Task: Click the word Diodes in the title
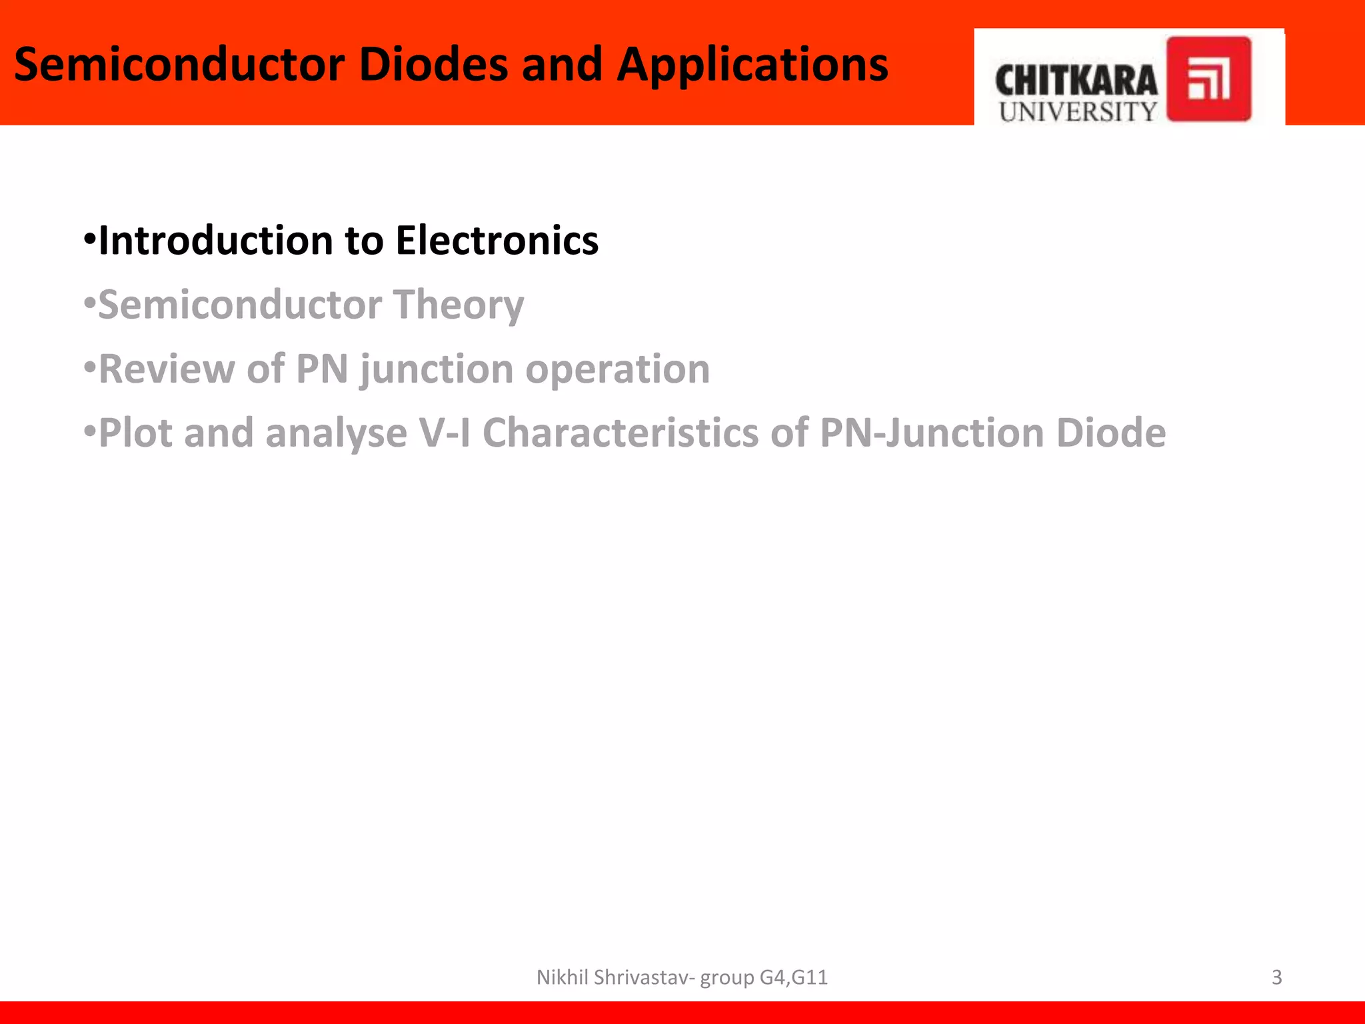(x=433, y=65)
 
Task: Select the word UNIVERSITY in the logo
(x=1078, y=112)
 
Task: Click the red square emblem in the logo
(x=1208, y=79)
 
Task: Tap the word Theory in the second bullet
(x=458, y=305)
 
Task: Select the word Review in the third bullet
(x=166, y=369)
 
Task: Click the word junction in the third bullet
(x=437, y=369)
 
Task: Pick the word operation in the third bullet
(x=617, y=369)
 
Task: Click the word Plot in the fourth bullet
(x=136, y=433)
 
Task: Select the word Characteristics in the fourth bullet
(x=620, y=433)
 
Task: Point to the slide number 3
(x=1276, y=977)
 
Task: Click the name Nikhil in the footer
(x=563, y=977)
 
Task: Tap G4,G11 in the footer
(x=793, y=977)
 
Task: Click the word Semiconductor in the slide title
(x=179, y=65)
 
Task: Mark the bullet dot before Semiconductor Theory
(x=90, y=303)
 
